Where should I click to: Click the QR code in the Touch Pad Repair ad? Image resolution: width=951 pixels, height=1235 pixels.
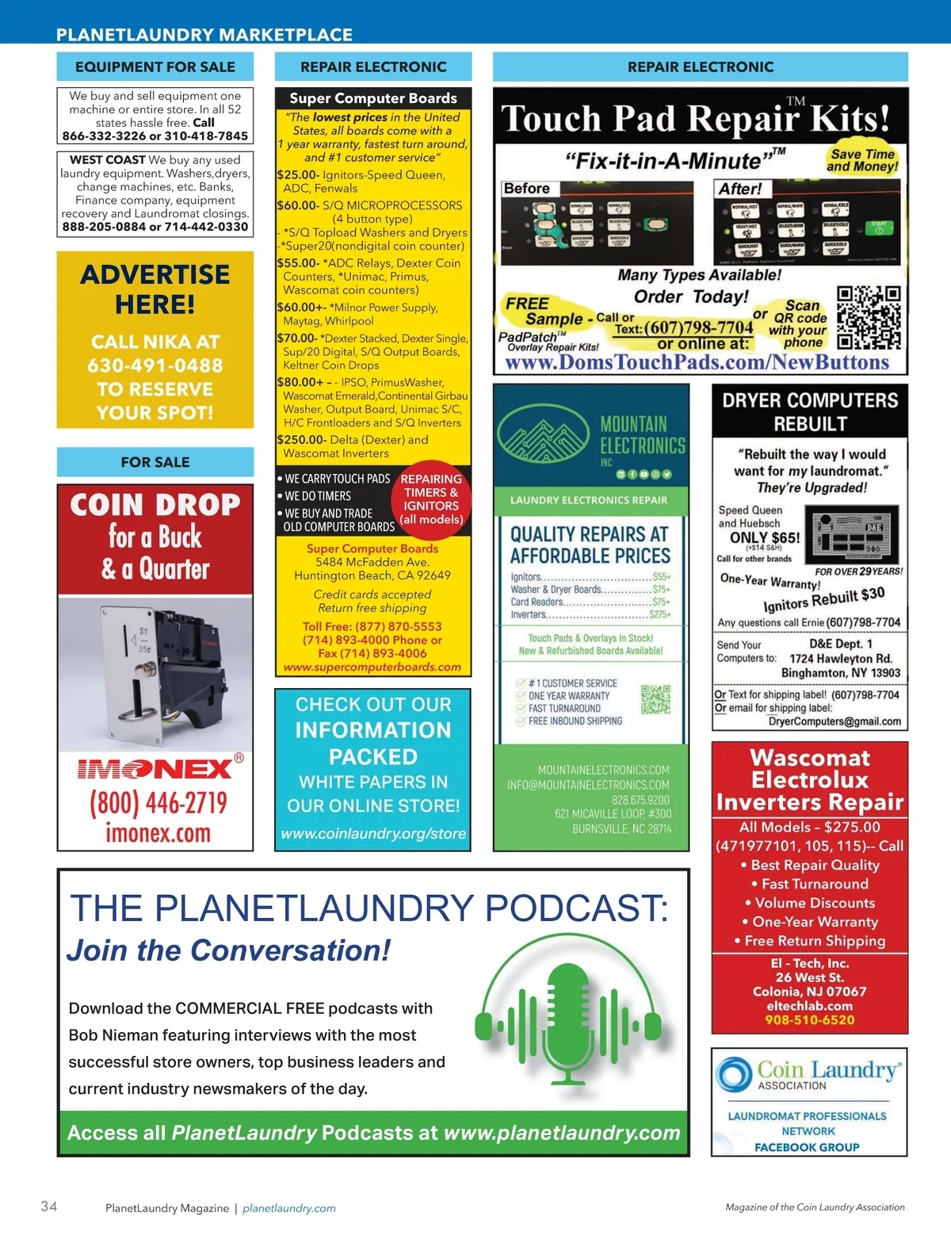869,318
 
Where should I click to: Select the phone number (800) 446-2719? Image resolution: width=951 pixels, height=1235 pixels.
158,802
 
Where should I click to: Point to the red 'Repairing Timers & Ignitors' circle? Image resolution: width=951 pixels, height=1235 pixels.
431,499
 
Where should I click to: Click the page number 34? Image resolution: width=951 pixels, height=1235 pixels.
48,1206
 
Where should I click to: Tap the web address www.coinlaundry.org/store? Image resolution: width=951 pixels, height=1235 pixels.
373,834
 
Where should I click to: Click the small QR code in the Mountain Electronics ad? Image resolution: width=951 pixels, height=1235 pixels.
655,700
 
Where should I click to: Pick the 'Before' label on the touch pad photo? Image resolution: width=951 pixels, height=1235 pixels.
527,189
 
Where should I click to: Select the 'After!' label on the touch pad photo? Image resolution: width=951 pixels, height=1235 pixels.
739,189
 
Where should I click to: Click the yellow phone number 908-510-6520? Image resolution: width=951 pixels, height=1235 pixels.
809,1020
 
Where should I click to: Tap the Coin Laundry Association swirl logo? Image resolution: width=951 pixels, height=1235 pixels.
733,1075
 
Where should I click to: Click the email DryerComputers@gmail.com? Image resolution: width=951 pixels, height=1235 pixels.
835,721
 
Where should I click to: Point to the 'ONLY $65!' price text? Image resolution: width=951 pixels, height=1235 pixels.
765,537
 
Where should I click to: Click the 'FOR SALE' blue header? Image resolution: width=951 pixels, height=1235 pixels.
155,462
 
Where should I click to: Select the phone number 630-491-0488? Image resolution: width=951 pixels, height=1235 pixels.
155,365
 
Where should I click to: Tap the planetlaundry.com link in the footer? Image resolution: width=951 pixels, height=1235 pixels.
289,1208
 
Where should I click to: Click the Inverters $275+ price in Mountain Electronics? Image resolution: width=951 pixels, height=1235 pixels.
660,614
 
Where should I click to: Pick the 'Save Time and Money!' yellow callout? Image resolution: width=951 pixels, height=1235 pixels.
862,160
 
